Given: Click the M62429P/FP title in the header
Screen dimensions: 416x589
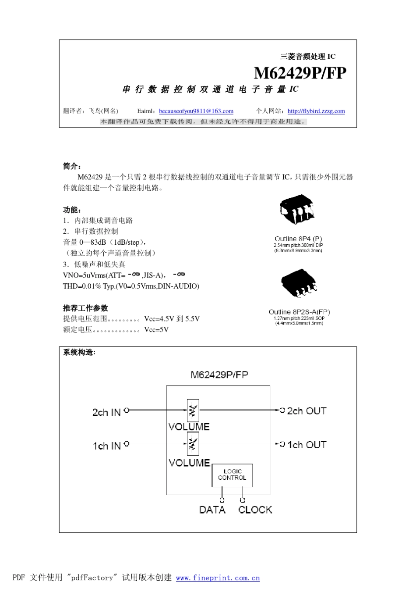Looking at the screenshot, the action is pos(300,73).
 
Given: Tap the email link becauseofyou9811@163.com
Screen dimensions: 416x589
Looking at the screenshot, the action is pos(196,111).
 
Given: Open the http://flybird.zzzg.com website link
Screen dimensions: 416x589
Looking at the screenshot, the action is pos(316,111).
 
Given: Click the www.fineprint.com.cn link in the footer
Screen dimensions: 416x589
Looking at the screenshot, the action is pos(218,578).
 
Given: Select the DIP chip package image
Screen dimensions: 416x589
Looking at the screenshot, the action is pos(297,209).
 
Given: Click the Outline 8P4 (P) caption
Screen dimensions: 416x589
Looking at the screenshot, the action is pos(298,239).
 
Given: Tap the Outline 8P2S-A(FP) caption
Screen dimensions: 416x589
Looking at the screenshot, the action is pos(299,312).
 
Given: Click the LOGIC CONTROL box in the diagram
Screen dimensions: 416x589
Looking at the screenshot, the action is pos(232,475).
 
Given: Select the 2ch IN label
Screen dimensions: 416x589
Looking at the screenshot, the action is pos(106,412).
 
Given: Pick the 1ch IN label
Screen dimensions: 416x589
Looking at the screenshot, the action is pos(106,446).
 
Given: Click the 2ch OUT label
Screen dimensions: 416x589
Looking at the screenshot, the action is pos(307,411).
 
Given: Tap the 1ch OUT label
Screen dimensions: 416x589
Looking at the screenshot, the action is pos(307,445).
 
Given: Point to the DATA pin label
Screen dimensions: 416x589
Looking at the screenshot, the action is pos(212,510).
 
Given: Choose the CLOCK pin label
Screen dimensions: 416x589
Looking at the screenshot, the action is pos(255,510).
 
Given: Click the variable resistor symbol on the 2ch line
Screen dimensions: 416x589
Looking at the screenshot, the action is pos(193,411).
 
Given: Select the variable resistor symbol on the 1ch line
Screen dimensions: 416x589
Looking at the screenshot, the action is pos(193,444).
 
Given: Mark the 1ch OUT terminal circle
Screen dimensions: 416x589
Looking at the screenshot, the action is pos(282,444).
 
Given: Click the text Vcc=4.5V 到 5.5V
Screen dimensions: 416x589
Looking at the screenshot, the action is pos(172,319).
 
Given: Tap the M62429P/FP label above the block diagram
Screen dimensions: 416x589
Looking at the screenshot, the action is pos(219,375).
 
